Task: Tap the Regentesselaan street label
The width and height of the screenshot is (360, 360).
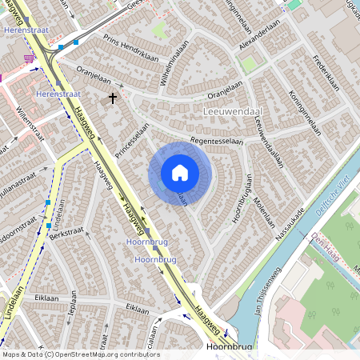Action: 210,140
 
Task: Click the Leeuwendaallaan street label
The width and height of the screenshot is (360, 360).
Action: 269,140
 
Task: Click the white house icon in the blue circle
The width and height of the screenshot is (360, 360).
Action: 180,173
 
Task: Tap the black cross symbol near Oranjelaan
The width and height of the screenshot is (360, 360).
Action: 113,98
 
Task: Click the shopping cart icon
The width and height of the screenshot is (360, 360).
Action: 30,58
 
